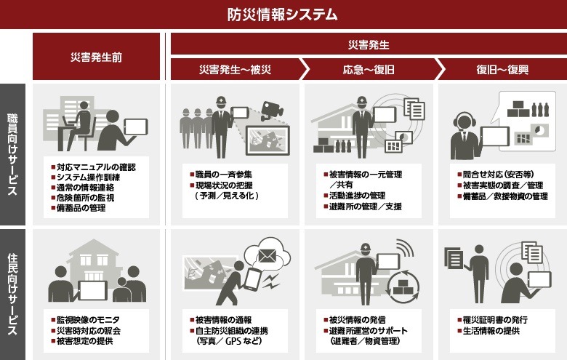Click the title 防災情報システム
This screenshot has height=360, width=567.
283,14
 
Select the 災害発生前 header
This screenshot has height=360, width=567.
96,57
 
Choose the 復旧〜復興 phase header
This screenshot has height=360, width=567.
502,70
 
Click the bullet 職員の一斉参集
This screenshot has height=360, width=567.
226,175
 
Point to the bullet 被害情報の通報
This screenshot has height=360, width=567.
226,319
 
